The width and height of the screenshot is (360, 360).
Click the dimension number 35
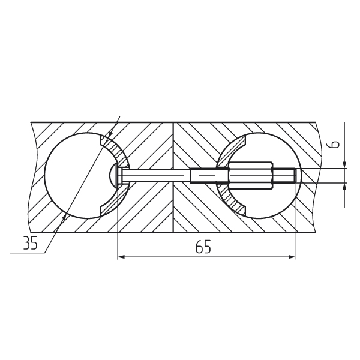pyautogui.click(x=31, y=243)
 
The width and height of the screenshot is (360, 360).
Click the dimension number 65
pyautogui.click(x=203, y=247)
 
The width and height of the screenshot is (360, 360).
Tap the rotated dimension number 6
pyautogui.click(x=335, y=144)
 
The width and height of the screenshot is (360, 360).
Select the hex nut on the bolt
pyautogui.click(x=250, y=176)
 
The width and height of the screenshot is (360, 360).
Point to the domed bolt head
pyautogui.click(x=113, y=176)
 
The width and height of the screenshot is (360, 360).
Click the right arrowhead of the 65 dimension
pyautogui.click(x=292, y=257)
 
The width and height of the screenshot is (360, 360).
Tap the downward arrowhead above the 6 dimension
pyautogui.click(x=344, y=164)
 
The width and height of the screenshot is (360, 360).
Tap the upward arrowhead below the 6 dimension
pyautogui.click(x=344, y=187)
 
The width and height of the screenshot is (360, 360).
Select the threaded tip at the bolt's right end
pyautogui.click(x=284, y=176)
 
